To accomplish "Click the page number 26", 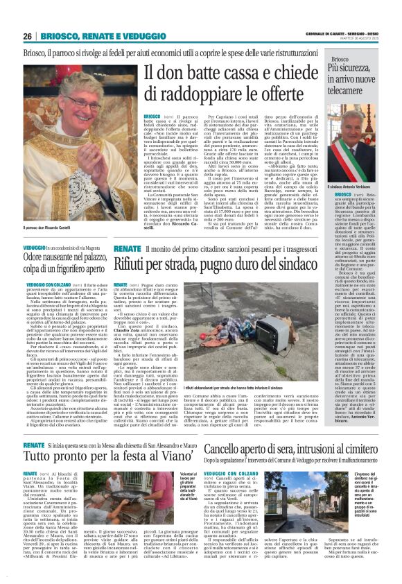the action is pos(28,36).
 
